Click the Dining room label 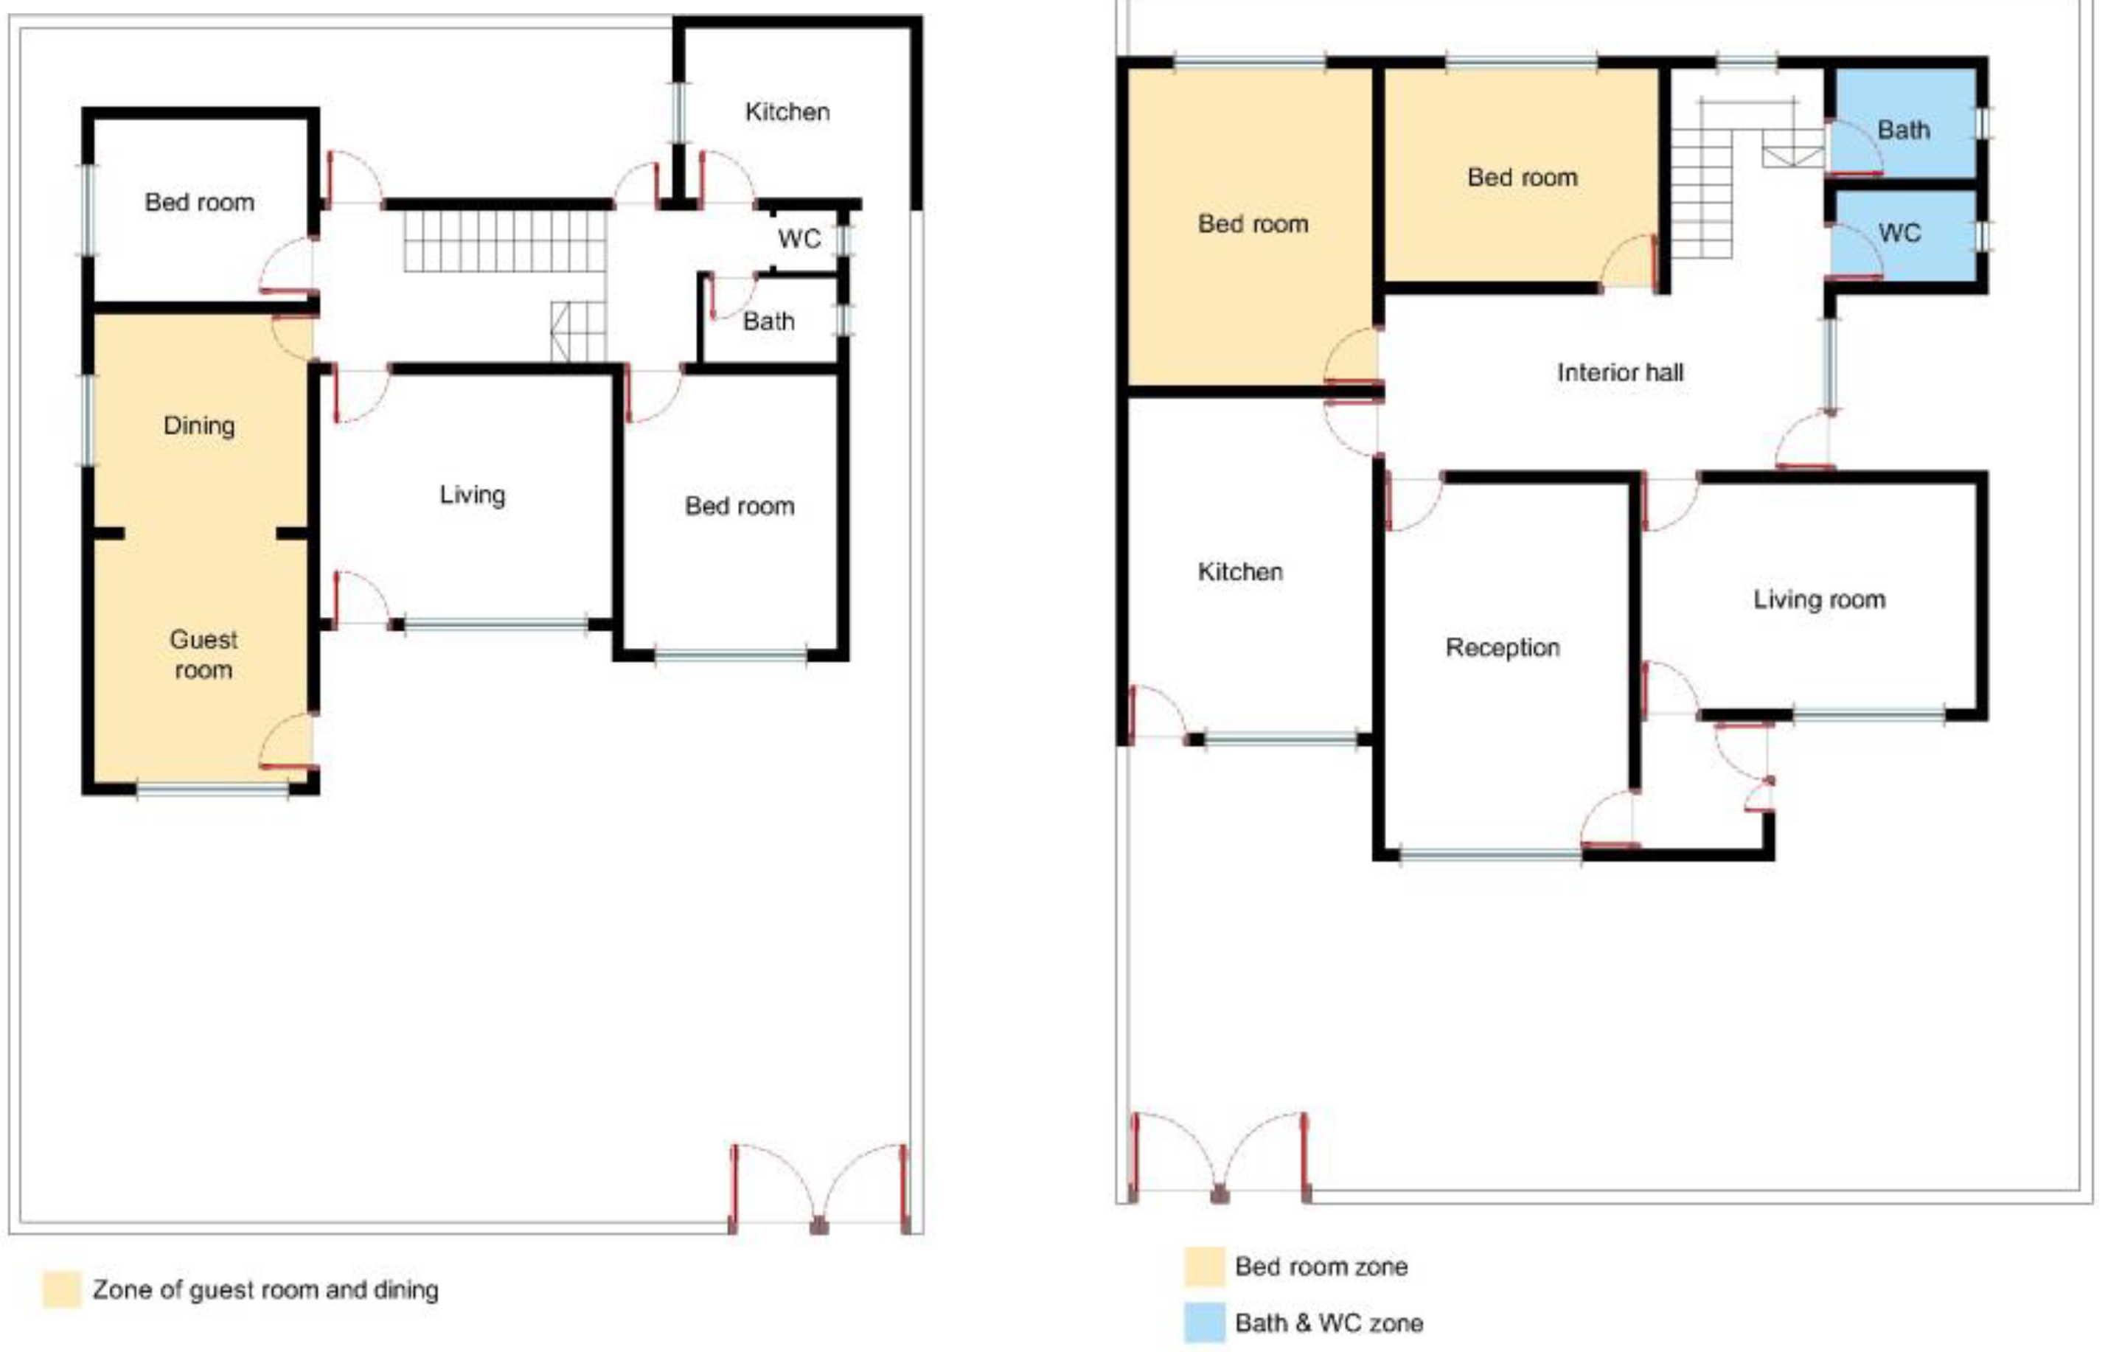199,426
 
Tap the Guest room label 203,654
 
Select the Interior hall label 1620,372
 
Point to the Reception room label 1502,648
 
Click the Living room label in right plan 1819,599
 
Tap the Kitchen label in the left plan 787,111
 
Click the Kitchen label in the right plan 1239,571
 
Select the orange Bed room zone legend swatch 1204,1266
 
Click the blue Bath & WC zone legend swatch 1204,1323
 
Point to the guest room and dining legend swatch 61,1289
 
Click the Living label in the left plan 473,495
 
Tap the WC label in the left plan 799,239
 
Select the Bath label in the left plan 768,321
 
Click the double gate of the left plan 819,1188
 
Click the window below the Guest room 212,790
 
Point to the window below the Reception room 1490,854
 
